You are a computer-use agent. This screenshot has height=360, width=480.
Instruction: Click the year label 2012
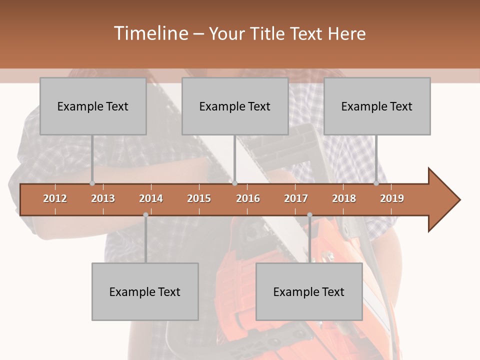[55, 198]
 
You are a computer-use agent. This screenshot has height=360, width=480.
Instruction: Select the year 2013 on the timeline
[103, 198]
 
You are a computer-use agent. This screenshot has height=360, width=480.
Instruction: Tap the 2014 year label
[151, 198]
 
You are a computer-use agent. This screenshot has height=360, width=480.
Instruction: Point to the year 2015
[199, 198]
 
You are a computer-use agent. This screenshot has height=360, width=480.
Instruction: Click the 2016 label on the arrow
[248, 198]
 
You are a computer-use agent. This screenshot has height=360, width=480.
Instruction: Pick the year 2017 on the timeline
[296, 198]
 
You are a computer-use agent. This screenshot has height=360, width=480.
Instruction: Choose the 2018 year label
[344, 198]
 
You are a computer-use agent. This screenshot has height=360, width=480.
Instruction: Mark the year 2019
[392, 198]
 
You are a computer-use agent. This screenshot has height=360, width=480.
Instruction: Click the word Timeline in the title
[150, 33]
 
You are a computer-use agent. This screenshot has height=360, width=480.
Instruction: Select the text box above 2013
[93, 106]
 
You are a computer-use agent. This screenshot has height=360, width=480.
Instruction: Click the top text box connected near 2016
[235, 106]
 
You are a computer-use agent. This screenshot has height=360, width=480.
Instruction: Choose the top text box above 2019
[377, 106]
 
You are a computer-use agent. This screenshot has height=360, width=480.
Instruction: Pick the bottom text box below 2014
[145, 291]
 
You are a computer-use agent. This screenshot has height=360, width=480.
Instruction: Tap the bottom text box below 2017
[309, 291]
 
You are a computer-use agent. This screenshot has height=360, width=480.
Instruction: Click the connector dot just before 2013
[92, 183]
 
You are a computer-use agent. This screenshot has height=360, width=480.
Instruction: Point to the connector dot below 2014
[145, 215]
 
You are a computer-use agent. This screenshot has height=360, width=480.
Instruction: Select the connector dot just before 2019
[376, 183]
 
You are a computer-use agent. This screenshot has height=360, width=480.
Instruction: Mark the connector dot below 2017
[309, 215]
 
